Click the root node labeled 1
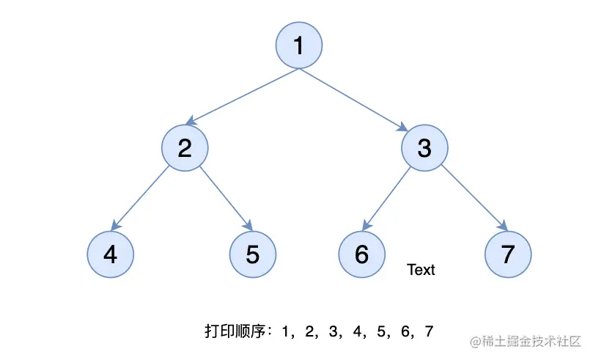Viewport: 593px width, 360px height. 298,45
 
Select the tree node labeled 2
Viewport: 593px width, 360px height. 185,148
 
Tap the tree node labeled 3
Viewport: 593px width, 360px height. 424,148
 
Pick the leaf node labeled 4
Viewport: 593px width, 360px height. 110,254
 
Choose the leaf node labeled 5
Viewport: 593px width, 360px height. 253,254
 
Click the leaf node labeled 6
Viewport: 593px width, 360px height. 361,254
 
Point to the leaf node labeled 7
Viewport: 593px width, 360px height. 508,254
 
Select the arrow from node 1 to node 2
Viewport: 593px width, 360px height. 242,95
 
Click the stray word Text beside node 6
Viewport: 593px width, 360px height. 421,270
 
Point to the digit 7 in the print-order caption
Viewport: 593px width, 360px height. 428,331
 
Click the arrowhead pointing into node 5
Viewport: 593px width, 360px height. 248,227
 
